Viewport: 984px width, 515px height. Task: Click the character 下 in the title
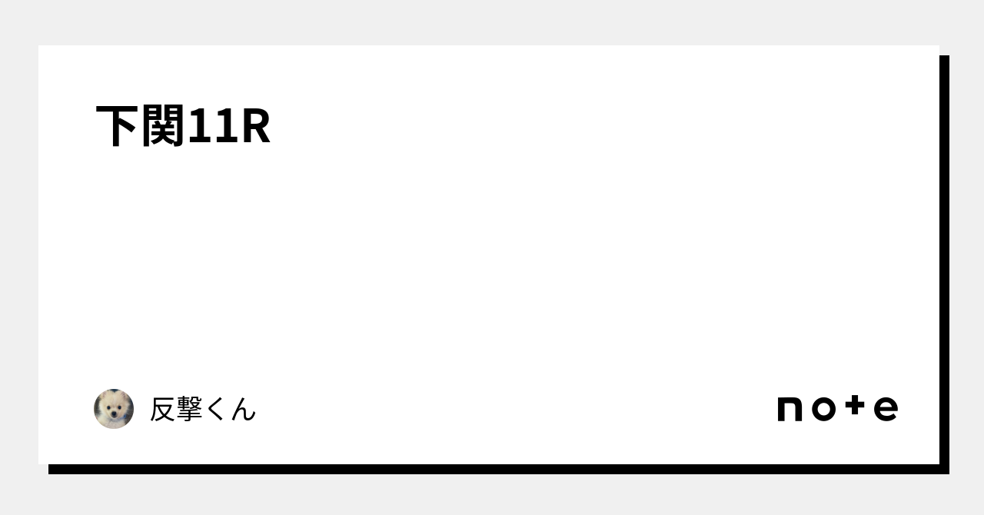click(118, 127)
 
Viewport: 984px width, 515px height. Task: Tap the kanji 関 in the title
click(164, 127)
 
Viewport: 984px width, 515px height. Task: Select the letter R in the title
click(255, 127)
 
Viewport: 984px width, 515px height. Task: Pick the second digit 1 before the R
click(226, 127)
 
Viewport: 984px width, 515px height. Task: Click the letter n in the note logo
click(790, 409)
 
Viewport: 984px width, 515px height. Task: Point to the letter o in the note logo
click(823, 409)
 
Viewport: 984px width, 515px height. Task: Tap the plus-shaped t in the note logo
click(855, 407)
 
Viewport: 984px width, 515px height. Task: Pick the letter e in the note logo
click(886, 409)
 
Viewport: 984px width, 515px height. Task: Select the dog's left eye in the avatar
click(108, 406)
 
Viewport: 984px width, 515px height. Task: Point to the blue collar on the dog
click(114, 423)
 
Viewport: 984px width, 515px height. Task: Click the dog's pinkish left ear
click(102, 397)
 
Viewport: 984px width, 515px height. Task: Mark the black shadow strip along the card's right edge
click(944, 261)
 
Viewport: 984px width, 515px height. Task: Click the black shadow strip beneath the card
click(492, 469)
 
